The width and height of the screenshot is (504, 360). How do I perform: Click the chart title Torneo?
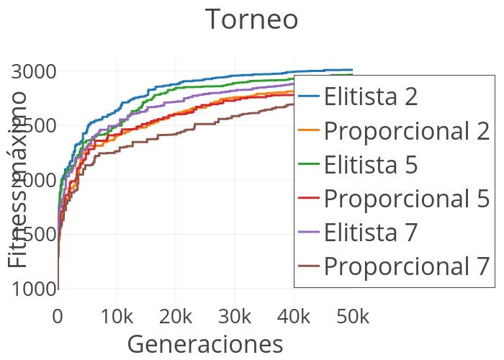251,19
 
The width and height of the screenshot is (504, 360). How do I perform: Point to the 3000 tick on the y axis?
33,72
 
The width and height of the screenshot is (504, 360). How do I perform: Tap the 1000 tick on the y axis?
33,289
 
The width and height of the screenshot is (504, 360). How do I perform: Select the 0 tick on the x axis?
58,317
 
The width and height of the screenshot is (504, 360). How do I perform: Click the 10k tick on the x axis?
117,317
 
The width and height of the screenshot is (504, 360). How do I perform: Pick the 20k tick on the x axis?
176,317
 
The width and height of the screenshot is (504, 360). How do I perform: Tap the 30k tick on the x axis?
235,317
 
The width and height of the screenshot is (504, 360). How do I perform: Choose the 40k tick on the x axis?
294,317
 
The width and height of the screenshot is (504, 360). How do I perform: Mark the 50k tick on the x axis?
353,317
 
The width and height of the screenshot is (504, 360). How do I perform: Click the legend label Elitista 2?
370,96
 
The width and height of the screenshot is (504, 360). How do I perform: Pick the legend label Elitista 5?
370,164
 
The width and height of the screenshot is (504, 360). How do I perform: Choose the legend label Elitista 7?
370,232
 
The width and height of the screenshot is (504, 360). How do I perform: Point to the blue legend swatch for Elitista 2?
309,96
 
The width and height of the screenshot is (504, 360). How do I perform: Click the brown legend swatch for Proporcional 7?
309,266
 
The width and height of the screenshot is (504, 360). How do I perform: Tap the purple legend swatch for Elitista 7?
309,232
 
